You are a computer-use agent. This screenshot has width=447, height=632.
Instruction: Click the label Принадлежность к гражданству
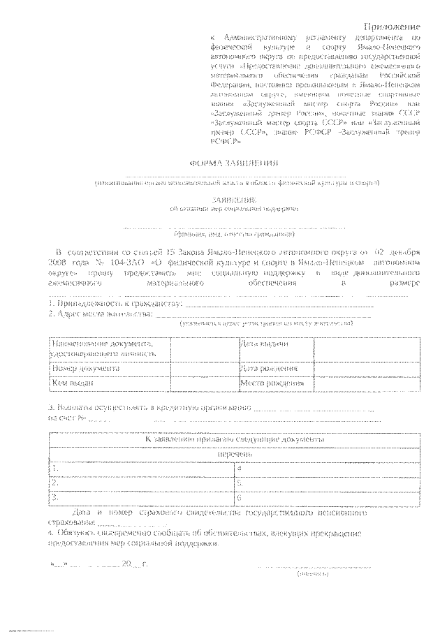pos(115,304)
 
